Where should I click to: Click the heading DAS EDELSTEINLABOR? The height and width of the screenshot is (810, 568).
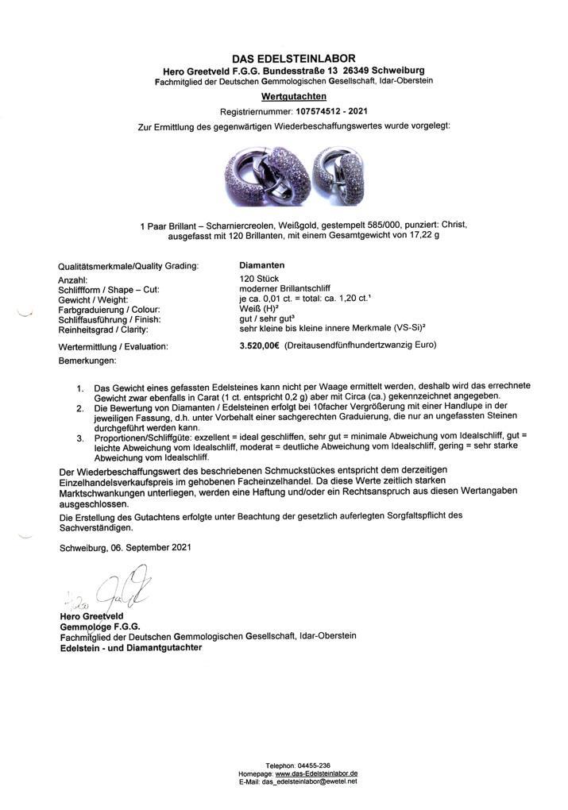click(294, 59)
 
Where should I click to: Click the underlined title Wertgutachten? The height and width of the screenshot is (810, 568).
click(294, 96)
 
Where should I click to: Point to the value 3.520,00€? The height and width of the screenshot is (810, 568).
click(260, 345)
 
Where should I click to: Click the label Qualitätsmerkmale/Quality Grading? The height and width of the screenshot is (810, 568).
click(128, 266)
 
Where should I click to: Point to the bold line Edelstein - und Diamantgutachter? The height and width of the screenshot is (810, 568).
click(130, 647)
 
